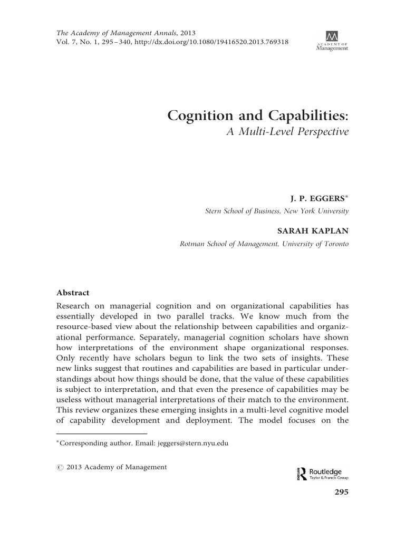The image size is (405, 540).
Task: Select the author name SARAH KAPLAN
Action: pos(313,231)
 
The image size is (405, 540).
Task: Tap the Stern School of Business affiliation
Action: pos(276,211)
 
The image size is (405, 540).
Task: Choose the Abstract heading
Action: pos(73,293)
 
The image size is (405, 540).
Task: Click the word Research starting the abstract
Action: pos(74,306)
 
